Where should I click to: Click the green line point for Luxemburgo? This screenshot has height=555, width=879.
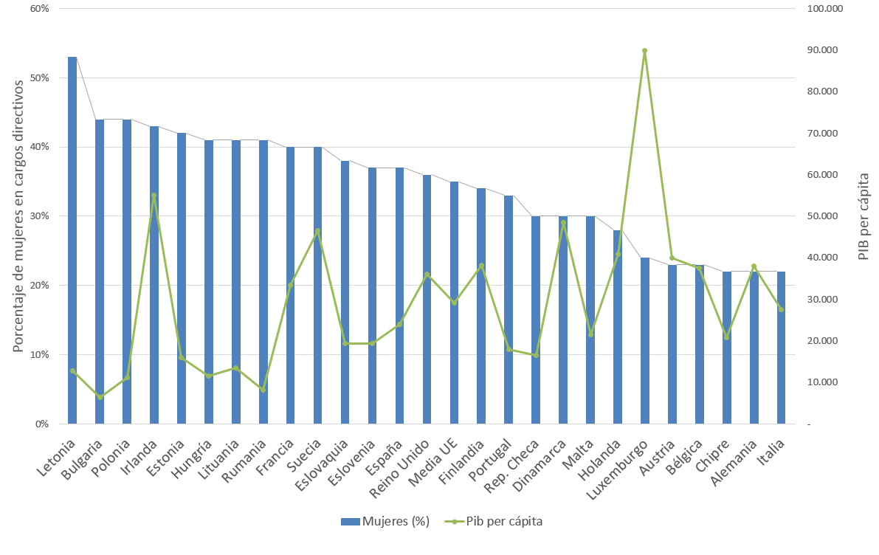click(x=644, y=51)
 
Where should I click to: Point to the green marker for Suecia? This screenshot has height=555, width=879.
click(x=317, y=231)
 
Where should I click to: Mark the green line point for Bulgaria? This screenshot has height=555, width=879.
click(x=100, y=397)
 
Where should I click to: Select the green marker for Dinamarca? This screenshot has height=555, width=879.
click(x=563, y=223)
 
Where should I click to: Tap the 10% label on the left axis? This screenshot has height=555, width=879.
click(x=39, y=355)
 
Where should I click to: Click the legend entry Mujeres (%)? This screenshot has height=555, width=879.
click(x=385, y=521)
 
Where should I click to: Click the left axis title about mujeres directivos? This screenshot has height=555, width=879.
click(x=20, y=216)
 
